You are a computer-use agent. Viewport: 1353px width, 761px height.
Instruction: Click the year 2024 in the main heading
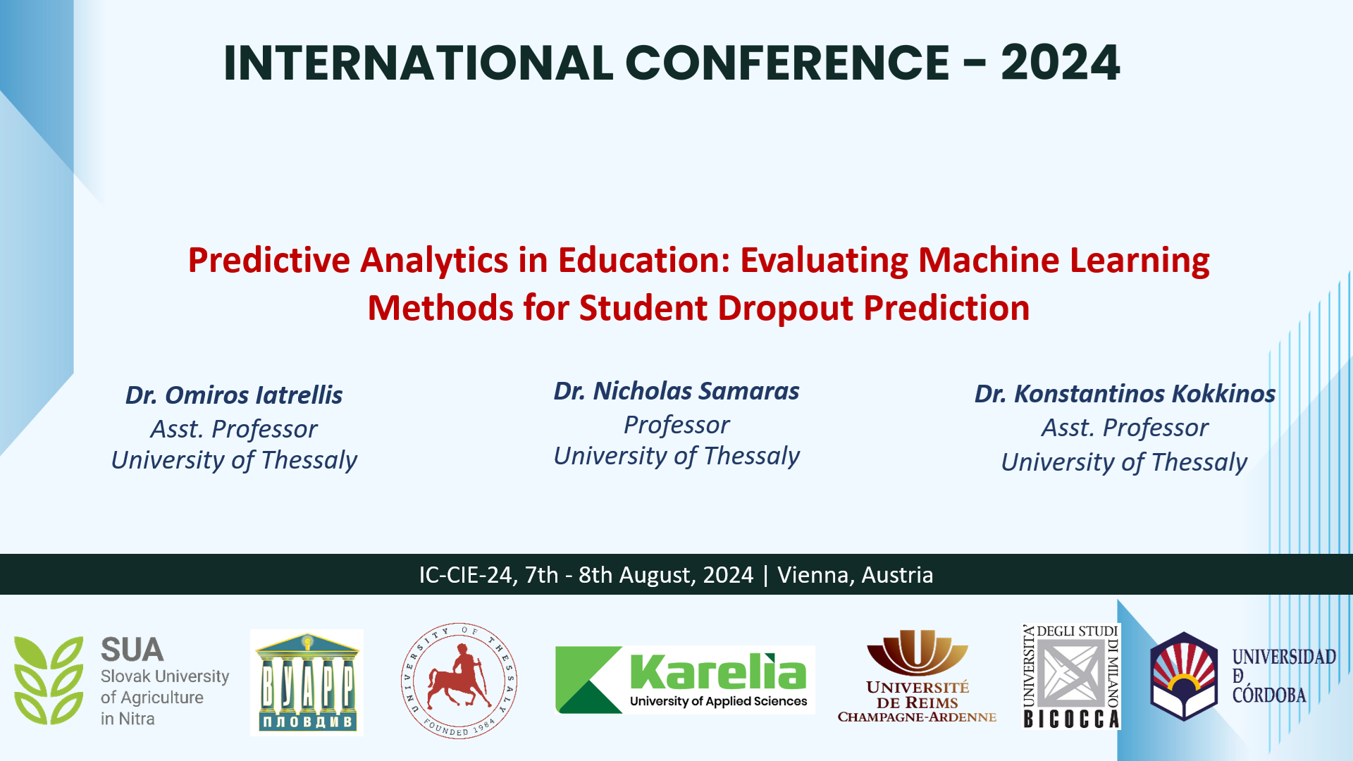click(1060, 63)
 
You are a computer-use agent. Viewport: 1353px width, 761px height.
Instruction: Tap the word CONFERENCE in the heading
click(787, 63)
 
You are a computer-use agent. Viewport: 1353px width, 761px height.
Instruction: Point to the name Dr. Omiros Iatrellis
click(234, 395)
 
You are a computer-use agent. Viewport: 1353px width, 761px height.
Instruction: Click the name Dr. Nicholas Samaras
click(676, 391)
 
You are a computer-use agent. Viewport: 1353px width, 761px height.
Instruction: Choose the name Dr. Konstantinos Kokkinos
click(1125, 394)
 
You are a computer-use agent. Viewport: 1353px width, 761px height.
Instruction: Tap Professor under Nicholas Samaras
click(676, 426)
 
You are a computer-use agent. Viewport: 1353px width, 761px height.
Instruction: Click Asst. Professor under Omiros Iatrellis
click(234, 430)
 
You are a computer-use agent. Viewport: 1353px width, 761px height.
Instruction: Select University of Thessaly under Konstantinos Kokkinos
click(1125, 462)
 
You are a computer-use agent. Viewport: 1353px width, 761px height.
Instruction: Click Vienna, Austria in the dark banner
click(855, 575)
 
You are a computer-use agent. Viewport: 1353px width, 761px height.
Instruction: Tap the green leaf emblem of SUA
click(49, 680)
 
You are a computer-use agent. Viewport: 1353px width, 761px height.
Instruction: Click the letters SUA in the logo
click(132, 650)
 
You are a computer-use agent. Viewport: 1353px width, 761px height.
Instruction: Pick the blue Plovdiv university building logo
click(307, 683)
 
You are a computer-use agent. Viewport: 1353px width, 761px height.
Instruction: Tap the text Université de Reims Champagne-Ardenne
click(917, 702)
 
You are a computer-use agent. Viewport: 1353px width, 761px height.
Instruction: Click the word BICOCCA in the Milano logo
click(1071, 719)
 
